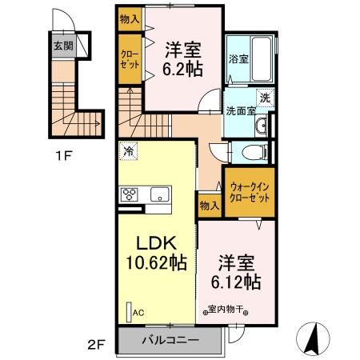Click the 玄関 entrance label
[63, 46]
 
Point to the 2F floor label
[95, 345]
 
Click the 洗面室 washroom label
[240, 111]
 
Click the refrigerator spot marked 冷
[128, 150]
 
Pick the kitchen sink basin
[160, 194]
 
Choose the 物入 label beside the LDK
[208, 206]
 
